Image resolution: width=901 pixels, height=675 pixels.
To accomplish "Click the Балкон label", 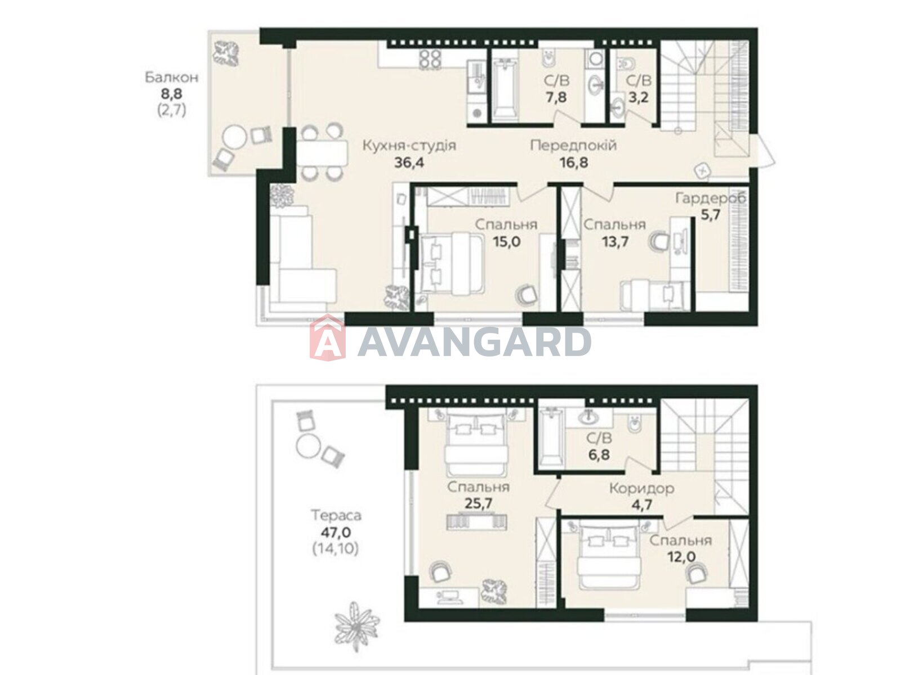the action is (171, 77).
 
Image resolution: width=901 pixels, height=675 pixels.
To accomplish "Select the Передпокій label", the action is (573, 146).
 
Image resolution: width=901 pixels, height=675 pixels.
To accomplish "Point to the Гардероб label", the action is (711, 199).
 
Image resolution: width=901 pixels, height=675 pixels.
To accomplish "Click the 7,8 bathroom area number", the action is (556, 97).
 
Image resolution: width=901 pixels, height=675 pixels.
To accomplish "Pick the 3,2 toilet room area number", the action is (638, 97).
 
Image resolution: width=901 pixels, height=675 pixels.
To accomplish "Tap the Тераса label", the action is (336, 515).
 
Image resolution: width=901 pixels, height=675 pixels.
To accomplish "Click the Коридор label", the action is (641, 488).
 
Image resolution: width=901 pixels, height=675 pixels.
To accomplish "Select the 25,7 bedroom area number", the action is (478, 503).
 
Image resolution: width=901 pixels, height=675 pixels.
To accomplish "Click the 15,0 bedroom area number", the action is (506, 241).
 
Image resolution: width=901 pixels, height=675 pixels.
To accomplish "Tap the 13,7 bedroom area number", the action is (615, 241).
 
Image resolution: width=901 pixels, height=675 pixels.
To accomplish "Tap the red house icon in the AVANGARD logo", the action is (327, 337).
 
